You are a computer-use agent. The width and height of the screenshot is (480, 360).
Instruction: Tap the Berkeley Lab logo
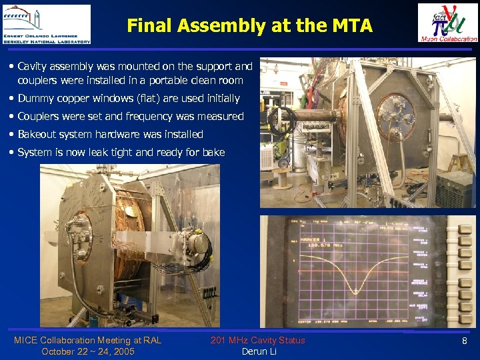click(46, 24)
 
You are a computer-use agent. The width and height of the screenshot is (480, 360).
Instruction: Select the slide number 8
click(465, 341)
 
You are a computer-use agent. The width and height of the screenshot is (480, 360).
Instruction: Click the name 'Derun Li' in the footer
click(259, 351)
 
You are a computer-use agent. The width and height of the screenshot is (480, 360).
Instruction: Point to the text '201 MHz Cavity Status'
click(257, 340)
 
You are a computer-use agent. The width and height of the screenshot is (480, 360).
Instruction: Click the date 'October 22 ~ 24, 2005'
click(87, 351)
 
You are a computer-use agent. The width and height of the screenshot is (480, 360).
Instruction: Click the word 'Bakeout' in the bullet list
click(37, 134)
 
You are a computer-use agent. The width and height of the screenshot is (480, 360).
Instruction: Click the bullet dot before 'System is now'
click(13, 152)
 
